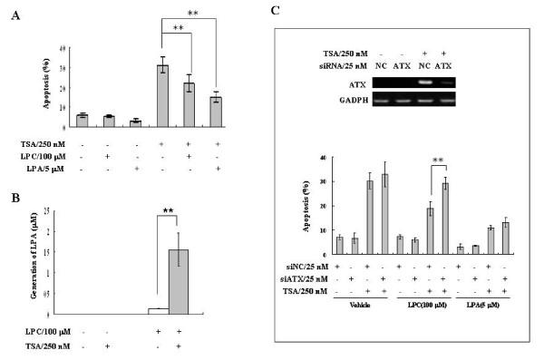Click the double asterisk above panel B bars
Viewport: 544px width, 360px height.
(x=169, y=211)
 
